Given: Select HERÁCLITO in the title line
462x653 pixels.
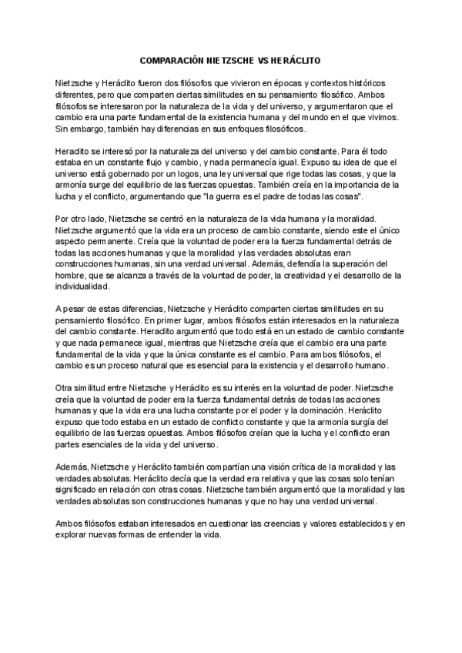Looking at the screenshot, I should [x=297, y=59].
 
